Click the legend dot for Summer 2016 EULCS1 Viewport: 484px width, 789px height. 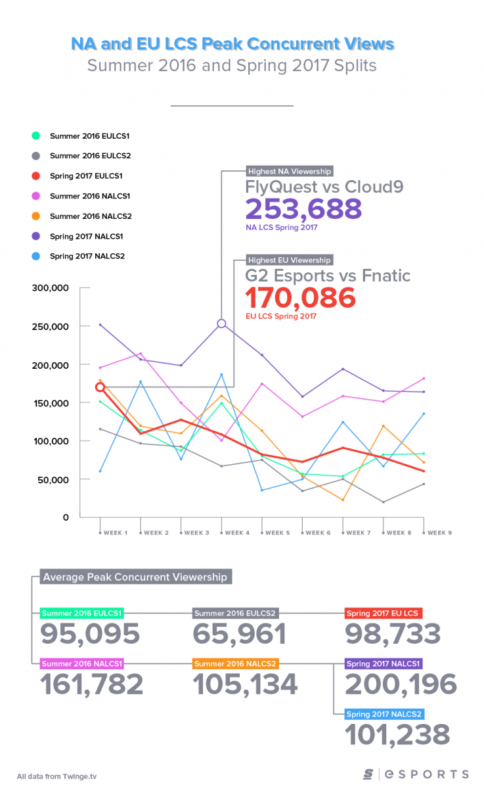coord(35,136)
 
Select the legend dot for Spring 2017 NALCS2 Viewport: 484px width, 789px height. coord(35,256)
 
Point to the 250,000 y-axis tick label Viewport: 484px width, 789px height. coord(51,326)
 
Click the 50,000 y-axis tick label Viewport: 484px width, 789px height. coord(53,479)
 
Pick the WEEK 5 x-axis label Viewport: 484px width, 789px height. coord(276,533)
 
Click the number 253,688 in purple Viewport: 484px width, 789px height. coord(303,209)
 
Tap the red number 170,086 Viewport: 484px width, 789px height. coord(301,298)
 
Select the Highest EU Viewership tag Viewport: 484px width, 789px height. coord(290,260)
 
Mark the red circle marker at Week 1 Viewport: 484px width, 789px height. coord(100,387)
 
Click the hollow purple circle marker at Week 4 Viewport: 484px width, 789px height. coord(221,323)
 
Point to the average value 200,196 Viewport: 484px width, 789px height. coord(401,684)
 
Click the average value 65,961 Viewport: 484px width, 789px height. coord(240,634)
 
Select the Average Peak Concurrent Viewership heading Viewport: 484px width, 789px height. coord(135,577)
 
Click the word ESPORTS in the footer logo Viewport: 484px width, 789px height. coord(427,774)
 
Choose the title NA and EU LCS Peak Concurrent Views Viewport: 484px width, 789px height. coord(233,44)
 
